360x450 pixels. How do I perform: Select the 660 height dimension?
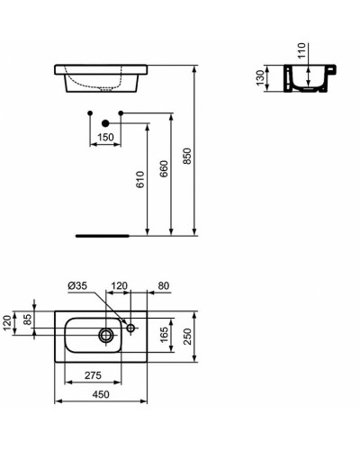click(163, 174)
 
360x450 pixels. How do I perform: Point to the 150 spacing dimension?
click(106, 137)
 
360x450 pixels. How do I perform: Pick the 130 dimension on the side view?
click(260, 77)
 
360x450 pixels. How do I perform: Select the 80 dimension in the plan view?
click(163, 287)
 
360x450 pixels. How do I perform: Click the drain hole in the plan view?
click(106, 336)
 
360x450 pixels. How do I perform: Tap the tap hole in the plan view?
click(130, 328)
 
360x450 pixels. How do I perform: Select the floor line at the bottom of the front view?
click(104, 235)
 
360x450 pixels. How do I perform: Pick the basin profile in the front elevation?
click(99, 77)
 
